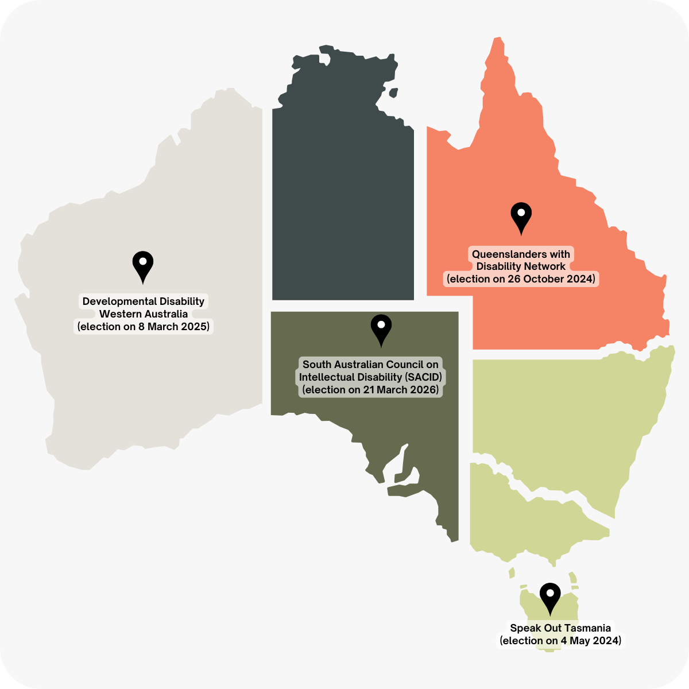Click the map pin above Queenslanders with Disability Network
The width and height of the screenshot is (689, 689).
pyautogui.click(x=521, y=216)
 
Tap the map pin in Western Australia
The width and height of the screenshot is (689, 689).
pyautogui.click(x=142, y=265)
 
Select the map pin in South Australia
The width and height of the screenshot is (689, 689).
pyautogui.click(x=381, y=328)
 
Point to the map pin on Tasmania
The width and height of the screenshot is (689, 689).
pyautogui.click(x=550, y=597)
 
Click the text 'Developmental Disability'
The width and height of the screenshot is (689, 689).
pyautogui.click(x=144, y=301)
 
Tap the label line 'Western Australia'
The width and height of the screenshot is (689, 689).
pyautogui.click(x=144, y=314)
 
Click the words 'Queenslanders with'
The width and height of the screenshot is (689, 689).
pyautogui.click(x=521, y=254)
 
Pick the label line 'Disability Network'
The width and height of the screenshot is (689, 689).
pyautogui.click(x=521, y=266)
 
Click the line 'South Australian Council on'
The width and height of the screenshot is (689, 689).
pyautogui.click(x=370, y=365)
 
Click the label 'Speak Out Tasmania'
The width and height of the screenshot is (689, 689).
pyautogui.click(x=560, y=628)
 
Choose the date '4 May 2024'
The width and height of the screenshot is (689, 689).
pyautogui.click(x=590, y=641)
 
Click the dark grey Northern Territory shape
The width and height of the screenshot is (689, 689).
pyautogui.click(x=343, y=201)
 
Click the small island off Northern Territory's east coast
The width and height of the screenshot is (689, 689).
pyautogui.click(x=393, y=93)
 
